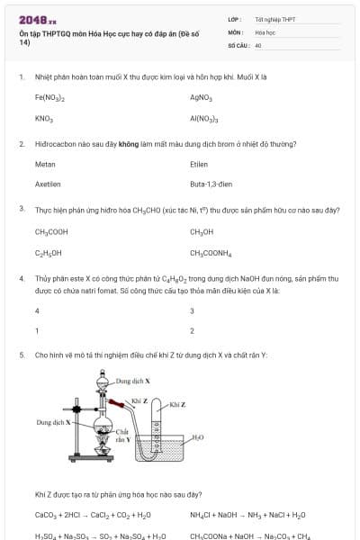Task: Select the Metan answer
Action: click(x=45, y=165)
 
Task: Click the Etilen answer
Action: click(x=199, y=165)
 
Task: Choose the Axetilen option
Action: click(x=48, y=184)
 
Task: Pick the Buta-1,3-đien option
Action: click(x=211, y=184)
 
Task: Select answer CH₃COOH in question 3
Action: click(x=51, y=231)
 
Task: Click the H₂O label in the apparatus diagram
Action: click(x=198, y=437)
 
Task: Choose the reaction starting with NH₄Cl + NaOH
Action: click(x=247, y=516)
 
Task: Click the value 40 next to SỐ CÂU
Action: click(x=258, y=44)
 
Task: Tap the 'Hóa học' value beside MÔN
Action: click(x=265, y=31)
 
